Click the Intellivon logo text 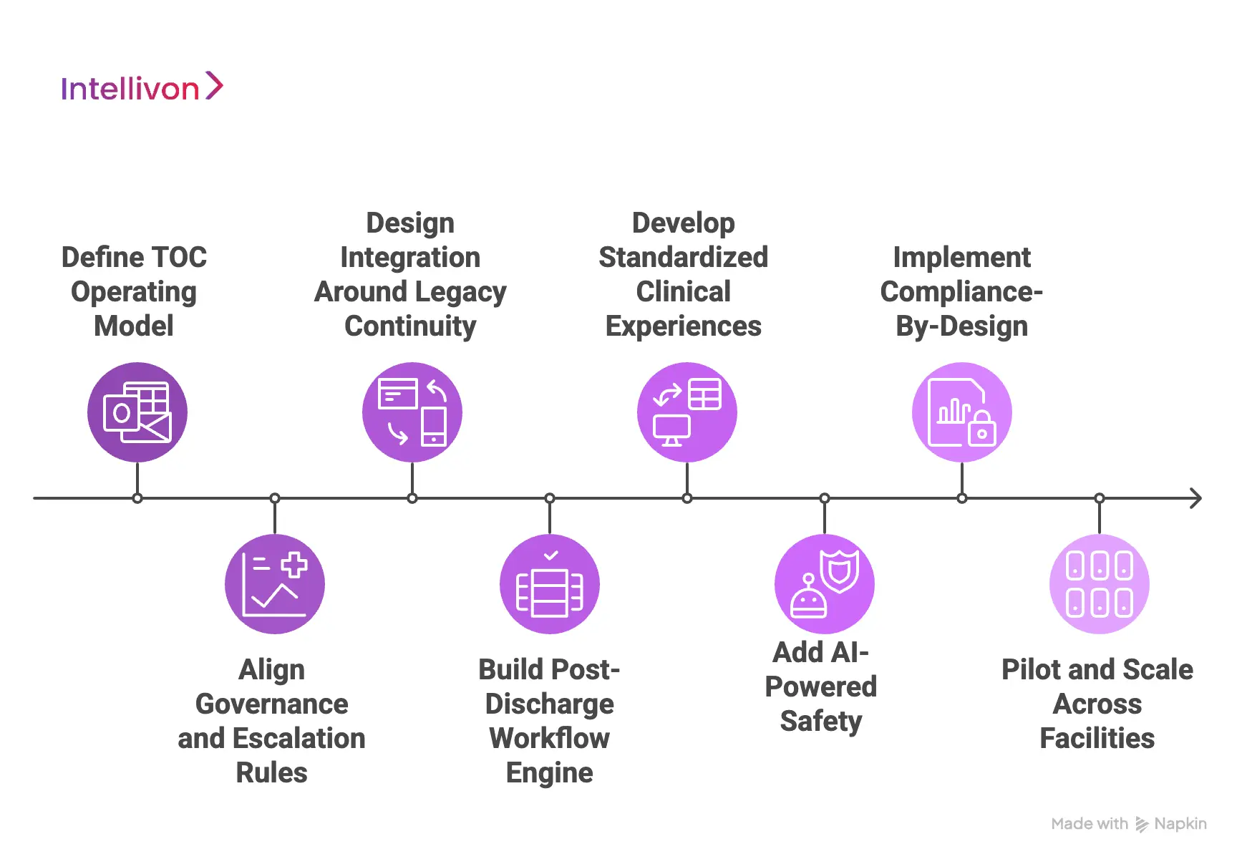[x=130, y=89]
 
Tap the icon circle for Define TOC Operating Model [x=137, y=412]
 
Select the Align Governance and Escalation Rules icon [x=275, y=584]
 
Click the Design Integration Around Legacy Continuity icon [x=412, y=412]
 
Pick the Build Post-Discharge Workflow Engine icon [x=550, y=584]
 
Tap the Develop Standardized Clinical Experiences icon [x=687, y=412]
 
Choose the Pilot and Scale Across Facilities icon [x=1100, y=584]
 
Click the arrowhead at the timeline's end [x=1195, y=498]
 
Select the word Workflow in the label [x=550, y=739]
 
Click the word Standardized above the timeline [x=684, y=258]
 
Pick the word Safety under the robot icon [x=821, y=722]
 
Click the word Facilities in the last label [x=1097, y=739]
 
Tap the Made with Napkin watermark [x=1129, y=824]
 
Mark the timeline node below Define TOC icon [x=137, y=498]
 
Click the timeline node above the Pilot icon [x=1100, y=498]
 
